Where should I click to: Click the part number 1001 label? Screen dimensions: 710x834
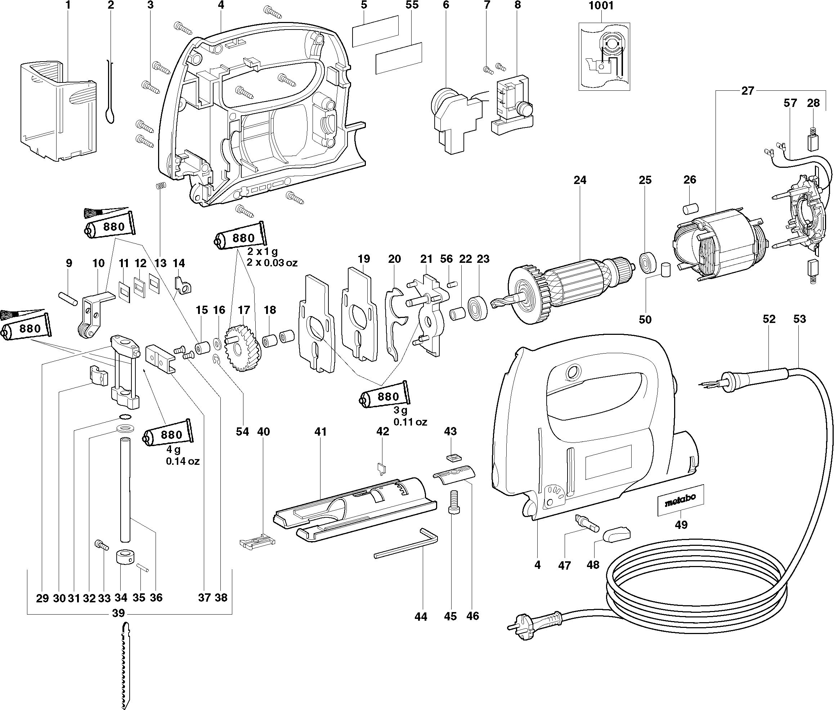(601, 6)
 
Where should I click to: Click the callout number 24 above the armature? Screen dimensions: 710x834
(580, 180)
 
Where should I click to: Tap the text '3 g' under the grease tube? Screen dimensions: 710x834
(400, 410)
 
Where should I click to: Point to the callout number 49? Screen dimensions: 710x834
(681, 525)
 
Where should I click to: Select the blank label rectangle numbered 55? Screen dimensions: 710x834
(399, 58)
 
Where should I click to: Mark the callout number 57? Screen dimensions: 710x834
(790, 103)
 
